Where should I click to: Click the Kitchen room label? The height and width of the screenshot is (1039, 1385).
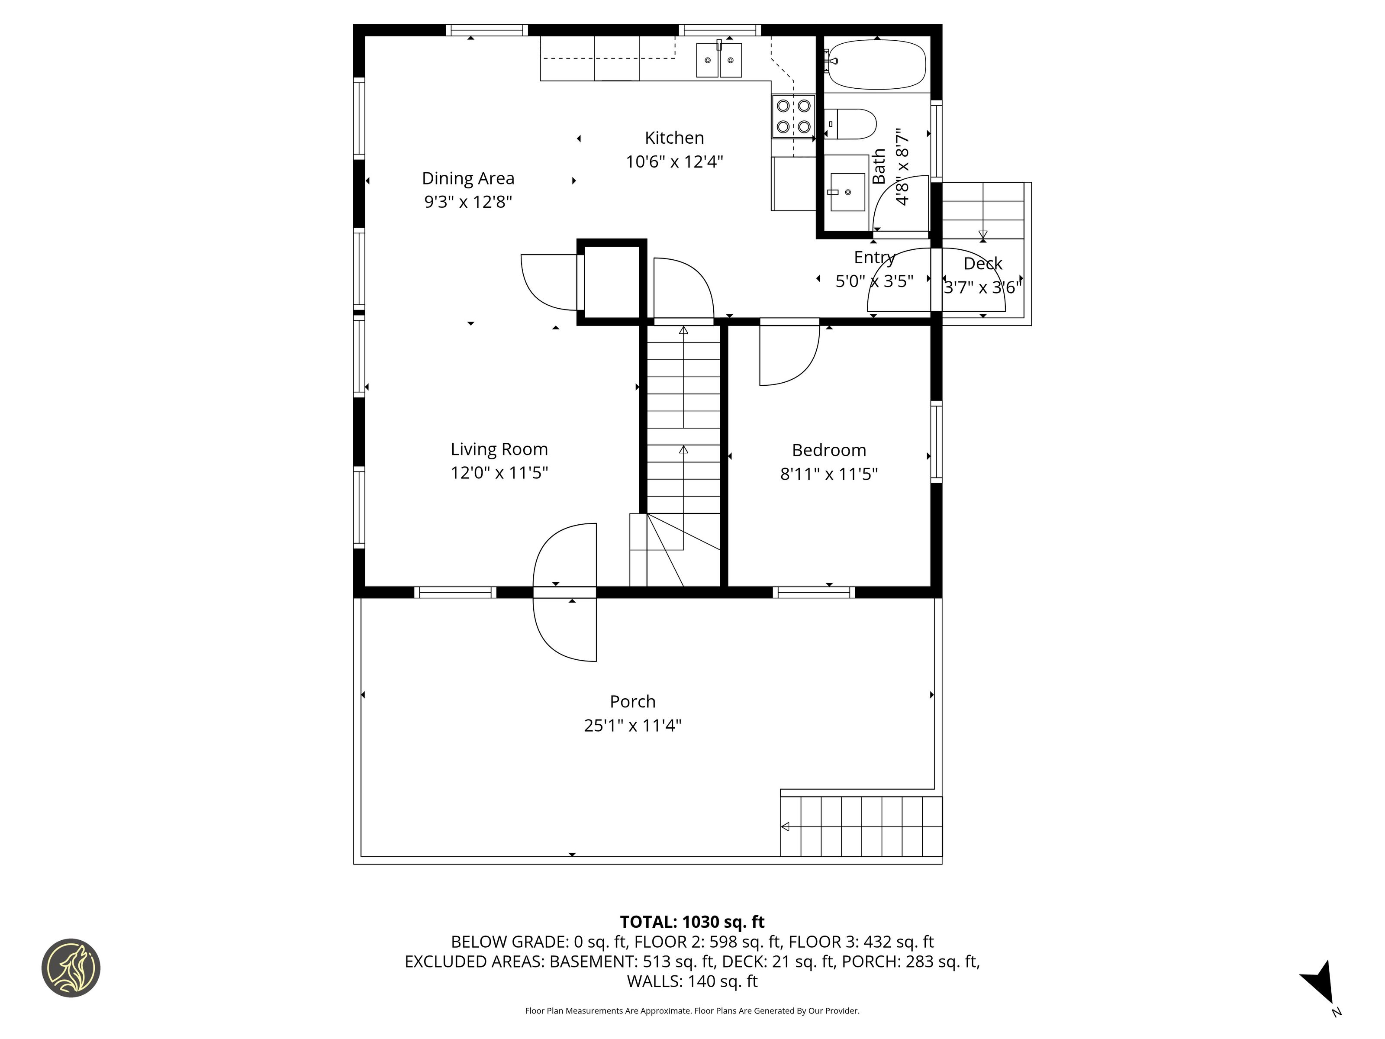[674, 138]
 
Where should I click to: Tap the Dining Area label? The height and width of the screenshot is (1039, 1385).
[468, 178]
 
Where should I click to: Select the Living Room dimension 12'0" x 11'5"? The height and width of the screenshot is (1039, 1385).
[499, 473]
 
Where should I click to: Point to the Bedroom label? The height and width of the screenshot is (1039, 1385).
[829, 450]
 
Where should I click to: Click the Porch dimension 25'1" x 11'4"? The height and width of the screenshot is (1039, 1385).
[632, 725]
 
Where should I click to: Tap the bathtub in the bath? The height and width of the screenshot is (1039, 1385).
[875, 64]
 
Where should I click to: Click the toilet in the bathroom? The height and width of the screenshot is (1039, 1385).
[850, 124]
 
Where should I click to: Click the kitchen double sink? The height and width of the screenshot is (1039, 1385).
[719, 59]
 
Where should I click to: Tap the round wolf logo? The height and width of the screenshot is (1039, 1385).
[71, 968]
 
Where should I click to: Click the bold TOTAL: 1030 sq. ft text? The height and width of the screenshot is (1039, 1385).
[692, 922]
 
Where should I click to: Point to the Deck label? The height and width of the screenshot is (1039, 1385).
[982, 264]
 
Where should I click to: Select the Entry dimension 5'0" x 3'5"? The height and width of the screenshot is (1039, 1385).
[875, 281]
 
